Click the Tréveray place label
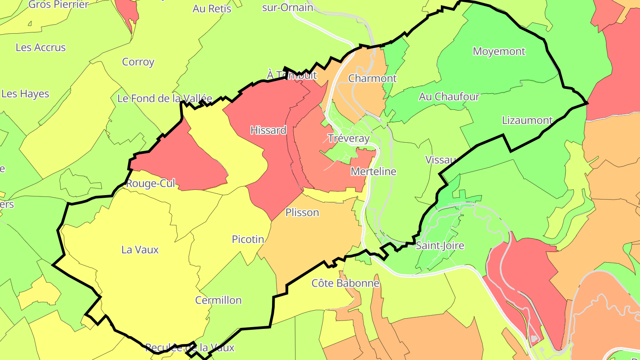point(348,138)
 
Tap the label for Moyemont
point(499,51)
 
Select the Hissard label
point(268,130)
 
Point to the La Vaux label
point(140,250)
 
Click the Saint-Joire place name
point(440,246)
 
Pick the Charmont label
point(372,78)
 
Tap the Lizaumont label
point(527,120)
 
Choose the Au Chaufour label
point(449,96)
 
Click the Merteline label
point(373,171)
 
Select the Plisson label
point(302,212)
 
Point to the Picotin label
point(248,239)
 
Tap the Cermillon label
point(218,300)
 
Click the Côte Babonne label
point(345,283)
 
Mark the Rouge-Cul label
point(151,184)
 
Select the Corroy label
point(138,62)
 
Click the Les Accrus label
point(40,47)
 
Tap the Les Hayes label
point(25,94)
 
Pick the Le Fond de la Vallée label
point(165,98)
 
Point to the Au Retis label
point(212,8)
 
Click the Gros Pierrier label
point(59,4)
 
